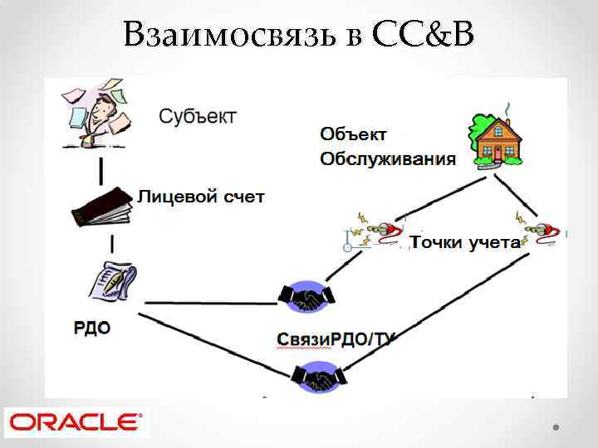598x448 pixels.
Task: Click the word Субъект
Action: (197, 115)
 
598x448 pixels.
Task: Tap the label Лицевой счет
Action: (200, 197)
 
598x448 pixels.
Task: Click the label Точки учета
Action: (465, 242)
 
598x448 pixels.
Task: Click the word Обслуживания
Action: (388, 158)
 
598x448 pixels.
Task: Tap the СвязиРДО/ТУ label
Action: (336, 339)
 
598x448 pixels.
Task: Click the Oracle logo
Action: (75, 421)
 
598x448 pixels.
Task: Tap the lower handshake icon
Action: (318, 377)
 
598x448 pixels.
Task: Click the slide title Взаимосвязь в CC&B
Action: (299, 35)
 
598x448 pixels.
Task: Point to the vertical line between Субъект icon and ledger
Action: (101, 171)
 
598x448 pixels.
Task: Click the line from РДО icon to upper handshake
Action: (212, 301)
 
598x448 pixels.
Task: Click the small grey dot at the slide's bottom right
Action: (555, 426)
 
